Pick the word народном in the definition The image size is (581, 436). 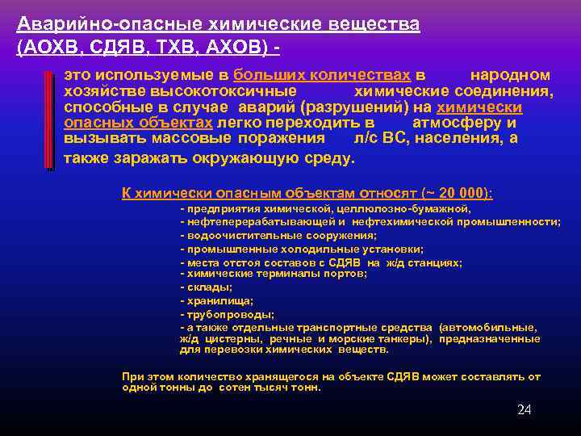(510, 74)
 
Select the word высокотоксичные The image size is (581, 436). (219, 91)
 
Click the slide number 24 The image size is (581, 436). (524, 410)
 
